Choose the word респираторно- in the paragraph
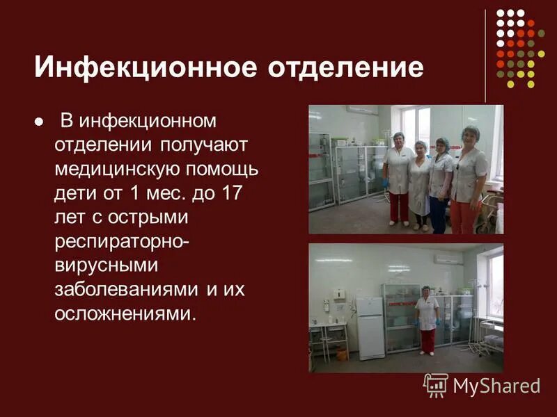click(122, 241)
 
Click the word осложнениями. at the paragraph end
click(125, 313)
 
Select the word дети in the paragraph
click(74, 193)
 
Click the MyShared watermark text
click(496, 386)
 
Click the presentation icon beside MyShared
click(436, 385)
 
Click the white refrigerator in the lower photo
click(370, 327)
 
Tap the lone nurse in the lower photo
click(426, 319)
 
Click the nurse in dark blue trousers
click(440, 184)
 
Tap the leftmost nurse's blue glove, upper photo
click(385, 182)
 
